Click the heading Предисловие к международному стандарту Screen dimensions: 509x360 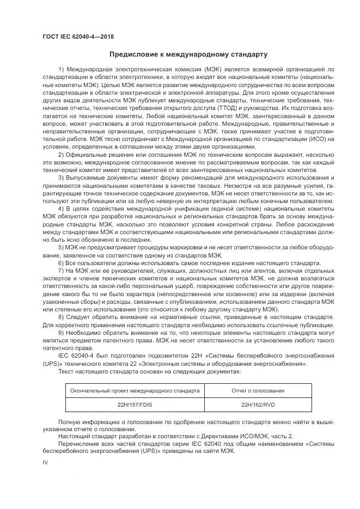coord(188,54)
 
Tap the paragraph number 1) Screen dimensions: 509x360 coord(61,70)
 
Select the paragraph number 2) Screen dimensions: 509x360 coord(61,155)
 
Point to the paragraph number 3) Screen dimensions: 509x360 coord(61,179)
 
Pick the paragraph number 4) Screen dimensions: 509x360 coord(61,208)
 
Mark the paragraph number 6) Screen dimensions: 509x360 coord(61,262)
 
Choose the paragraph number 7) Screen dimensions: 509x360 coord(61,270)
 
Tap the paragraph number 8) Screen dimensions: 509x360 coord(61,316)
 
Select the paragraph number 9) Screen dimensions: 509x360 coord(61,332)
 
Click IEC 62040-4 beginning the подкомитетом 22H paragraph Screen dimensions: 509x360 coord(76,355)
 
